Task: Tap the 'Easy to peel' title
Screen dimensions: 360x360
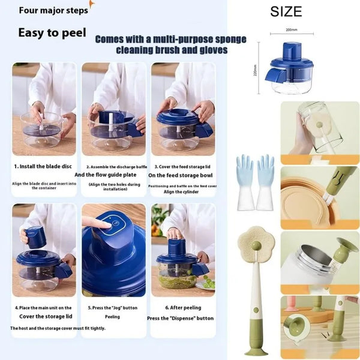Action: coord(52,32)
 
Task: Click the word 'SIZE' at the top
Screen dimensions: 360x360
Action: coord(286,11)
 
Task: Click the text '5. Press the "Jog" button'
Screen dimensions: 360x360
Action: coord(113,308)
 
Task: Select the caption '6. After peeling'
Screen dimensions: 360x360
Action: coord(182,308)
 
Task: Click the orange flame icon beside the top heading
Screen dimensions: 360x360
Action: coord(91,6)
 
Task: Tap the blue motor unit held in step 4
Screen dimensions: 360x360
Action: coord(37,237)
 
